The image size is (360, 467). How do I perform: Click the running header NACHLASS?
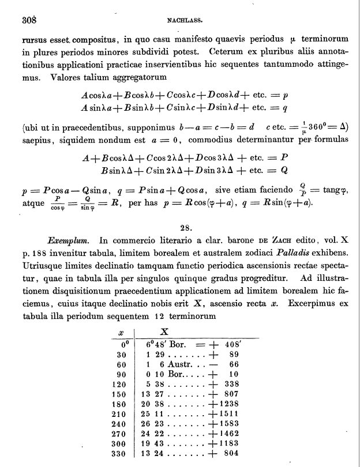[x=183, y=19]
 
